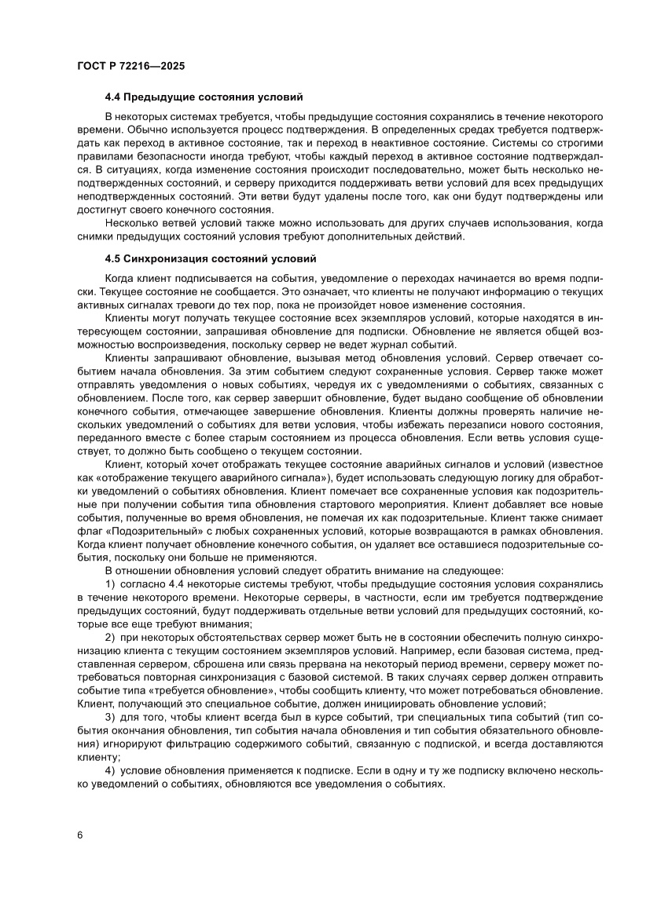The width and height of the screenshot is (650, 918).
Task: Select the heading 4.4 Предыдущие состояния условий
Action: coord(204,99)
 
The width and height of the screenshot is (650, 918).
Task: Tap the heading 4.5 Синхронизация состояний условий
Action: coord(210,258)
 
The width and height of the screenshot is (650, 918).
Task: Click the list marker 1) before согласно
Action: coord(110,584)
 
